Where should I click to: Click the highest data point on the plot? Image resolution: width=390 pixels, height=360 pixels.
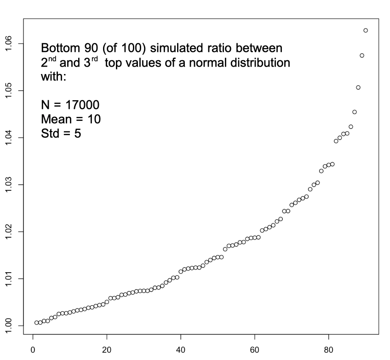tap(366, 30)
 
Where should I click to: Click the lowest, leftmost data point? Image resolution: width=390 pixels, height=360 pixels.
tap(36, 323)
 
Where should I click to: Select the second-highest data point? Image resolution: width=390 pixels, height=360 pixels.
tap(362, 56)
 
